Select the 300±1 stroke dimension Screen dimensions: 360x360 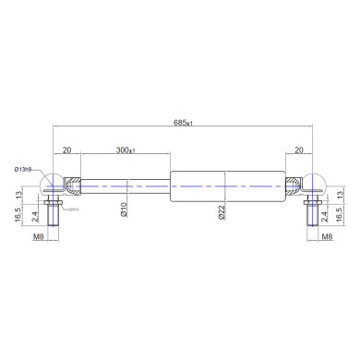126,150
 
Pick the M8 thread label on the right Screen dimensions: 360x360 327,237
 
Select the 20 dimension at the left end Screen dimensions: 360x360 66,150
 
